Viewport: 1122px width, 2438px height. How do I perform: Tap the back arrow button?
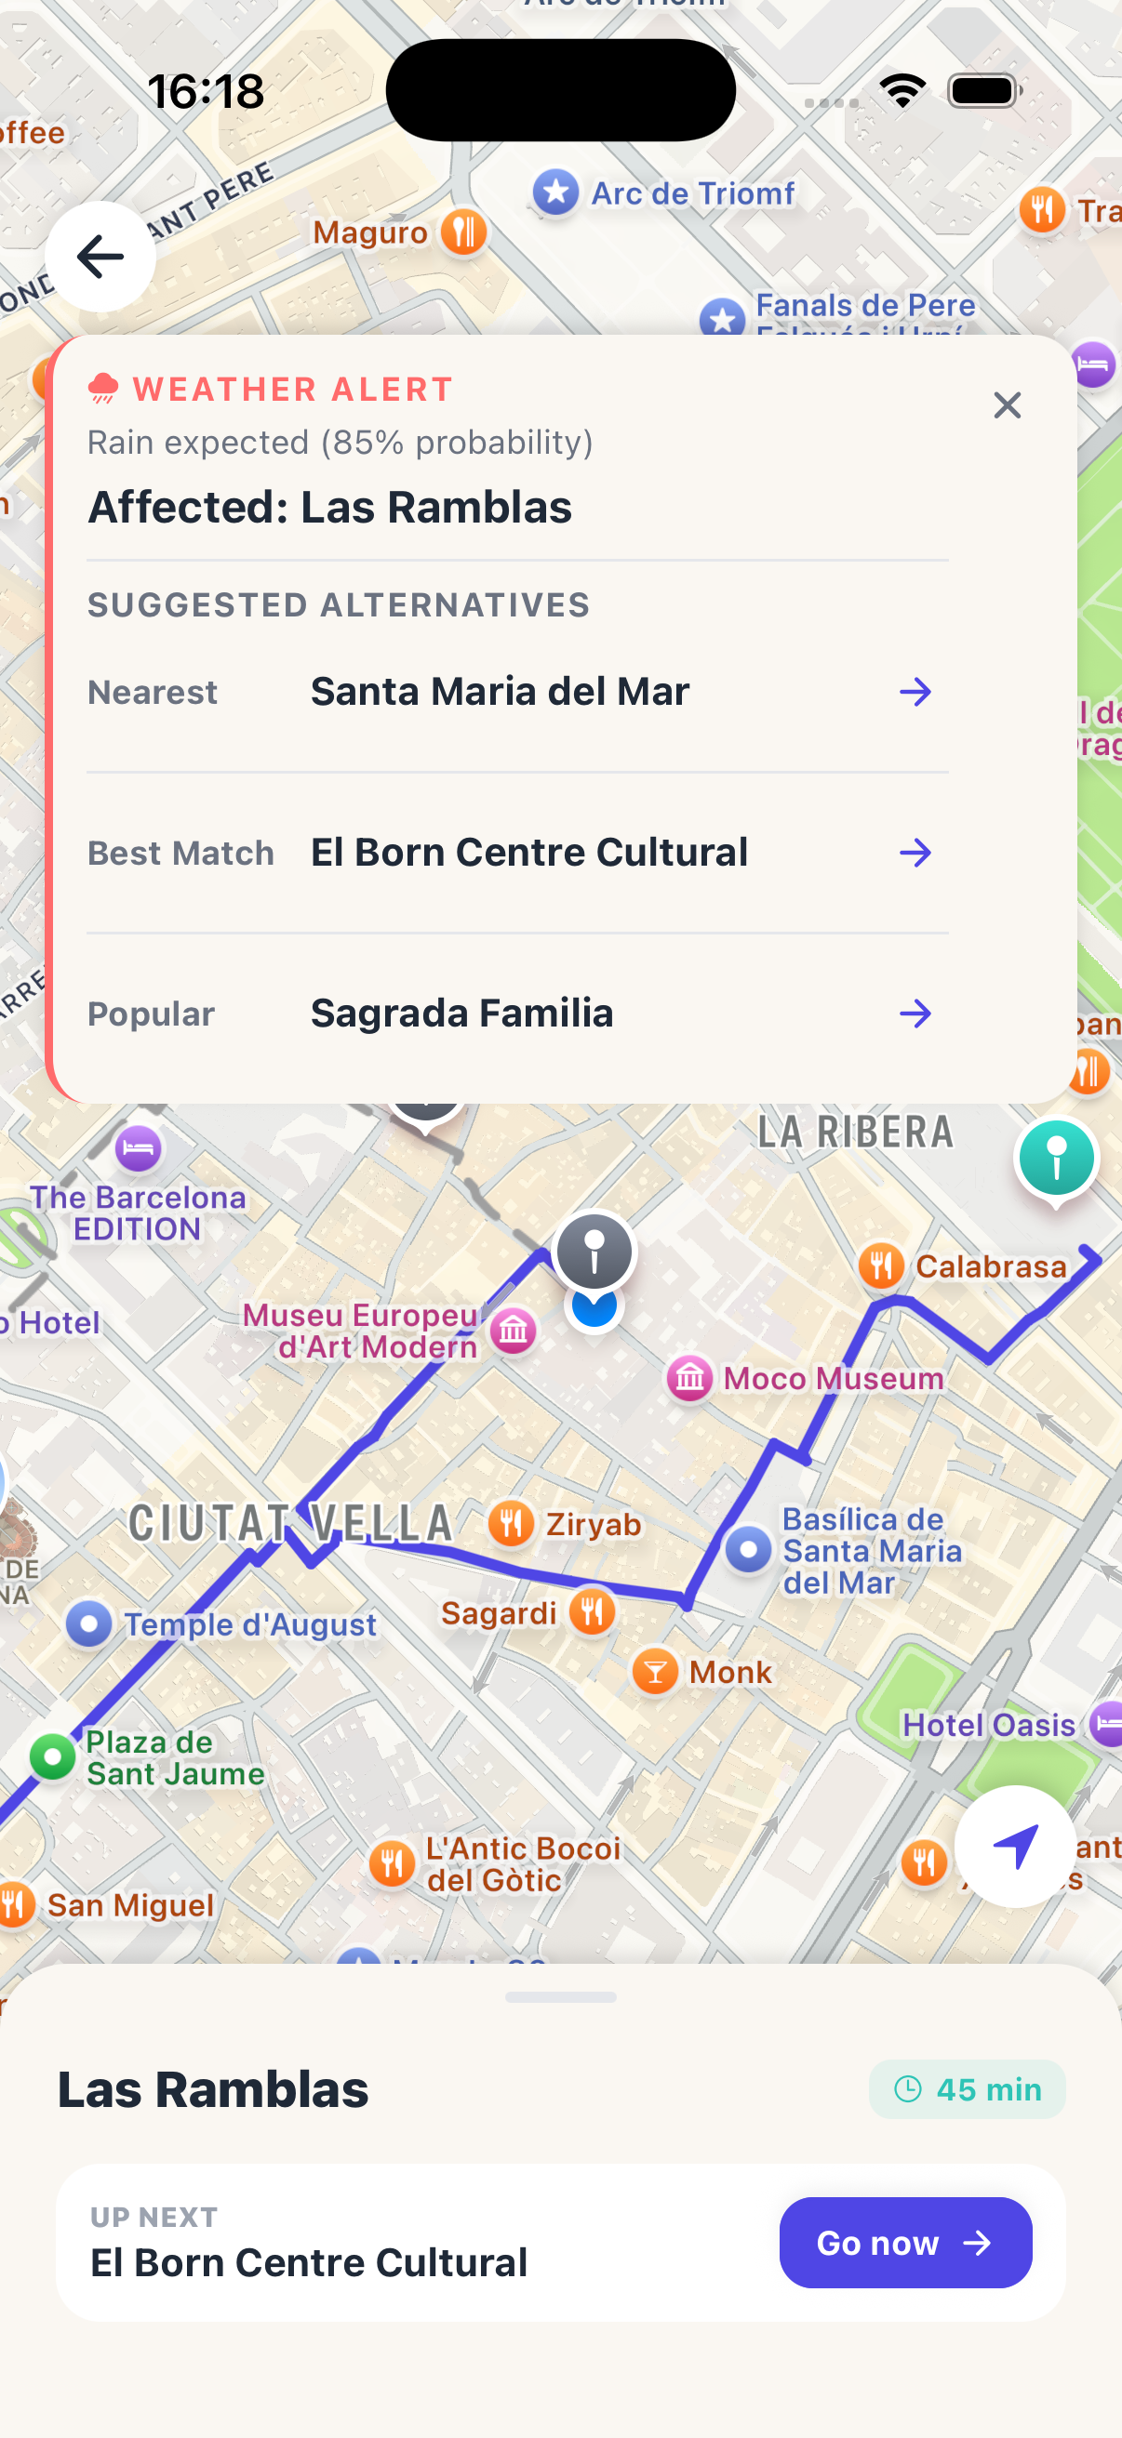(100, 256)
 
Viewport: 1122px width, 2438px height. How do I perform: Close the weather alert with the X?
(1007, 405)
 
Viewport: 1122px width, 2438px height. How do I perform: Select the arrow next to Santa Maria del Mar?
(915, 692)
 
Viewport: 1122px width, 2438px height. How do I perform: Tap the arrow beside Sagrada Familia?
(915, 1014)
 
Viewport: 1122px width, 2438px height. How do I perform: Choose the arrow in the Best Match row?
(915, 853)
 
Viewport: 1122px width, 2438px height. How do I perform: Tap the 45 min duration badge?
(967, 2088)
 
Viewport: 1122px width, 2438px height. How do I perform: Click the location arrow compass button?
(1015, 1846)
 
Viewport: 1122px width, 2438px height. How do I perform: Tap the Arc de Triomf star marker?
(555, 193)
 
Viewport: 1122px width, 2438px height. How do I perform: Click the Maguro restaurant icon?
(463, 231)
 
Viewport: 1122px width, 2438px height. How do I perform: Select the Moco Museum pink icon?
(689, 1378)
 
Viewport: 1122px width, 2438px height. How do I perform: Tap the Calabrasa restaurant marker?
(881, 1265)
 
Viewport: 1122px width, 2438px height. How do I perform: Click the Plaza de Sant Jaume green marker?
(53, 1756)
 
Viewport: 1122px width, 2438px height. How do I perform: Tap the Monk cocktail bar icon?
(654, 1672)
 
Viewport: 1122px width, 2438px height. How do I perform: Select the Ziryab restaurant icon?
(512, 1524)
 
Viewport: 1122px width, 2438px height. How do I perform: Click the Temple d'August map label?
(250, 1625)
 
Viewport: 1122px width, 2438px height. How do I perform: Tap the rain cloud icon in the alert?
(103, 388)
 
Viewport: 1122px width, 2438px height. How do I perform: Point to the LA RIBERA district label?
(855, 1132)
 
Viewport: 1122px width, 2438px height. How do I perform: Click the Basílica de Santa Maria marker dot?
(749, 1550)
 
